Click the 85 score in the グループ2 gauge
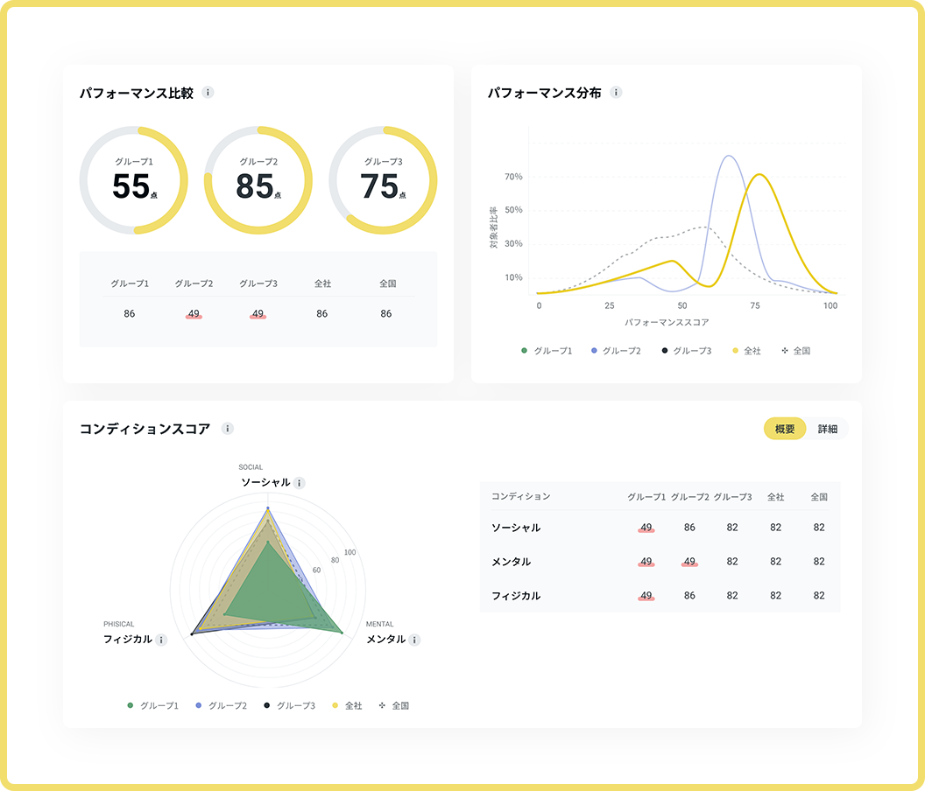pyautogui.click(x=255, y=186)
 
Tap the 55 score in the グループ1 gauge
pyautogui.click(x=131, y=186)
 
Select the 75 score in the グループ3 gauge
pyautogui.click(x=379, y=186)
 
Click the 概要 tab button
pyautogui.click(x=785, y=429)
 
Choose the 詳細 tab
pyautogui.click(x=828, y=429)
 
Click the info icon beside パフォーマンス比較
pyautogui.click(x=208, y=93)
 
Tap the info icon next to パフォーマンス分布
pyautogui.click(x=616, y=93)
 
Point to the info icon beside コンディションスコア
pyautogui.click(x=228, y=429)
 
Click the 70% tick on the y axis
pyautogui.click(x=513, y=177)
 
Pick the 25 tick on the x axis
pyautogui.click(x=609, y=305)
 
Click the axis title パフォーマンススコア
pyautogui.click(x=667, y=322)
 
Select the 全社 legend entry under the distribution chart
pyautogui.click(x=746, y=351)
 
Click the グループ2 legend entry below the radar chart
pyautogui.click(x=223, y=705)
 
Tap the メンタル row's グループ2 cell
pyautogui.click(x=689, y=562)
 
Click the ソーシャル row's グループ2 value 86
pyautogui.click(x=689, y=528)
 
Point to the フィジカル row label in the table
pyautogui.click(x=516, y=596)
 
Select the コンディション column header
pyautogui.click(x=521, y=496)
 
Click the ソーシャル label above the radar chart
pyautogui.click(x=266, y=482)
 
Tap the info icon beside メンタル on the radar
pyautogui.click(x=415, y=640)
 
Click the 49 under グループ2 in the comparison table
pyautogui.click(x=194, y=313)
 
